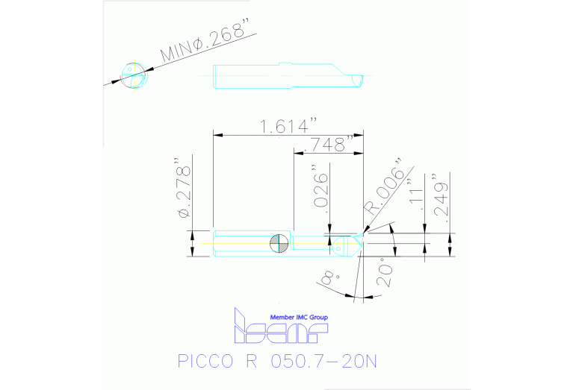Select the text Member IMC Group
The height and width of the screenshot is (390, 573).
[x=298, y=317]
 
